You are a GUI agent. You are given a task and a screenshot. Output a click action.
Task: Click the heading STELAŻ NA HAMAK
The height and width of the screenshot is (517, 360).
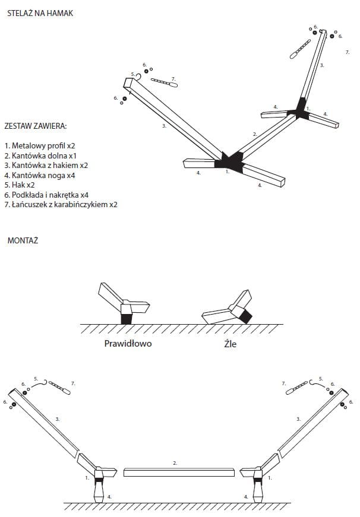[x=40, y=13]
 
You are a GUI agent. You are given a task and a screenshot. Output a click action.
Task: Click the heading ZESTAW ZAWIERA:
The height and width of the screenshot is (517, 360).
[x=35, y=126]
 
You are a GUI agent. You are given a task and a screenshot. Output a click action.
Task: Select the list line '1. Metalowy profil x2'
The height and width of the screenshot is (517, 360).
[x=40, y=145]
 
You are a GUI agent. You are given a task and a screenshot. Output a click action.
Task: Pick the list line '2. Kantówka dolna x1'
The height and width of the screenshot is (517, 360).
[x=40, y=155]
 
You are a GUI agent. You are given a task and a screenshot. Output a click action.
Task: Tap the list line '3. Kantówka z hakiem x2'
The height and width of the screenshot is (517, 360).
[x=46, y=165]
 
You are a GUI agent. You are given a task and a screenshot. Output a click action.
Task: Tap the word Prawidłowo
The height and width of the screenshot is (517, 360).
[x=128, y=343]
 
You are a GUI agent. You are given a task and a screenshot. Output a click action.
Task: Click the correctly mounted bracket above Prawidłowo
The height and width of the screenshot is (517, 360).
[x=125, y=304]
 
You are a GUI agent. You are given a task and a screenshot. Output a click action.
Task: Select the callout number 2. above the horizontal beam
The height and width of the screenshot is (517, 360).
[x=175, y=462]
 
